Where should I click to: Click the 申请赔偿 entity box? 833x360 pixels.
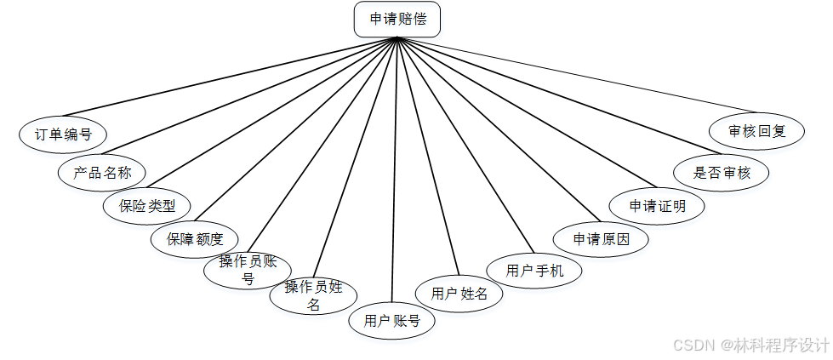coord(397,20)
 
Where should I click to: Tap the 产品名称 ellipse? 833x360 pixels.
coord(102,173)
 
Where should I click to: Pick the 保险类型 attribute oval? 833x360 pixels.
coord(147,206)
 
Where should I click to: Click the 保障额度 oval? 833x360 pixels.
coord(195,239)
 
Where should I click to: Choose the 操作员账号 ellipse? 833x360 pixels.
coord(248,270)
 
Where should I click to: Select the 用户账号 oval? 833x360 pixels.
coord(392,321)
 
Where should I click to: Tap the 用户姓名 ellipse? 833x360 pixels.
coord(459,294)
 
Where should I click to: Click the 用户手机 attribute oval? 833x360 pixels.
coord(534,271)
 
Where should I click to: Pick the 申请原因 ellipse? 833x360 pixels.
coord(601,239)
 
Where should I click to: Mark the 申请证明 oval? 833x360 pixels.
coord(657,206)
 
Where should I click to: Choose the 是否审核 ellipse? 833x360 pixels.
coord(722,173)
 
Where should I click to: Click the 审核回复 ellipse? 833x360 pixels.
coord(756,132)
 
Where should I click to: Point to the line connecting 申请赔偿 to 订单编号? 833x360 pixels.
coord(230,77)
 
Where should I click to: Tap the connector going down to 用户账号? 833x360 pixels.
coord(394,170)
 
